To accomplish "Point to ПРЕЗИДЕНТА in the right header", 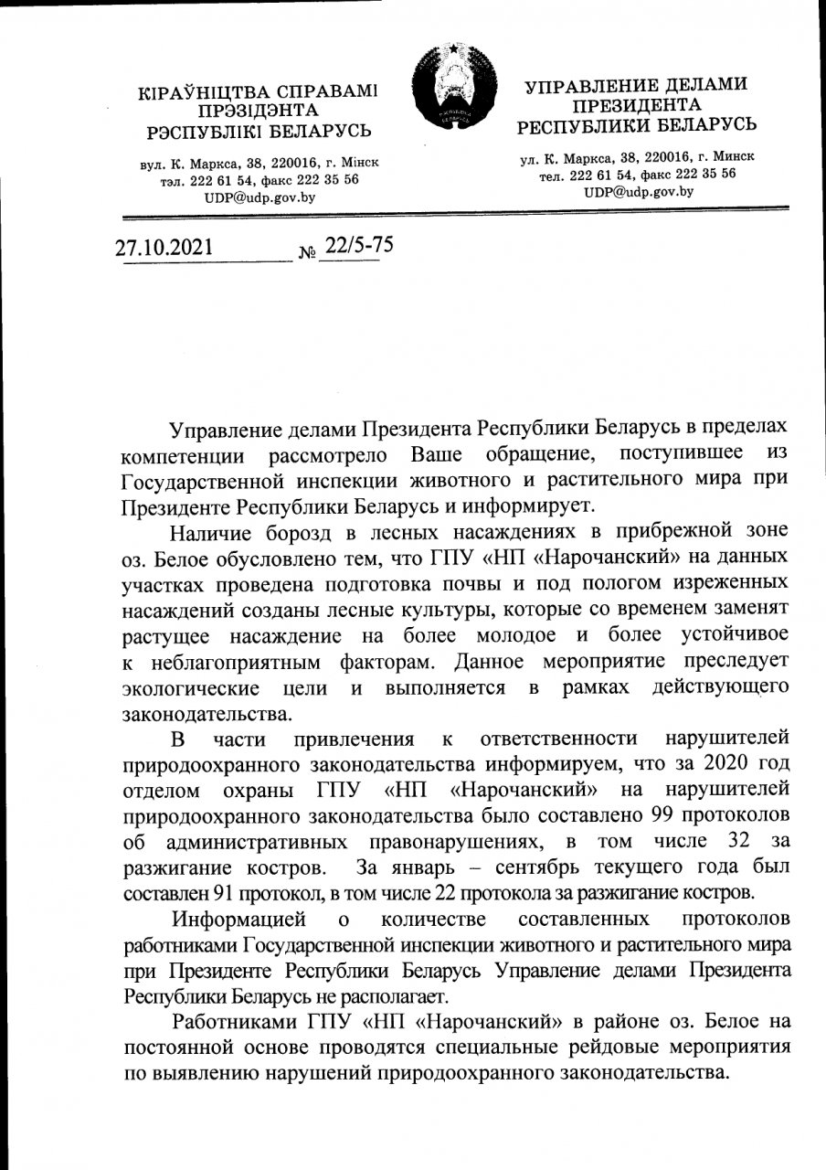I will (x=636, y=104).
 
